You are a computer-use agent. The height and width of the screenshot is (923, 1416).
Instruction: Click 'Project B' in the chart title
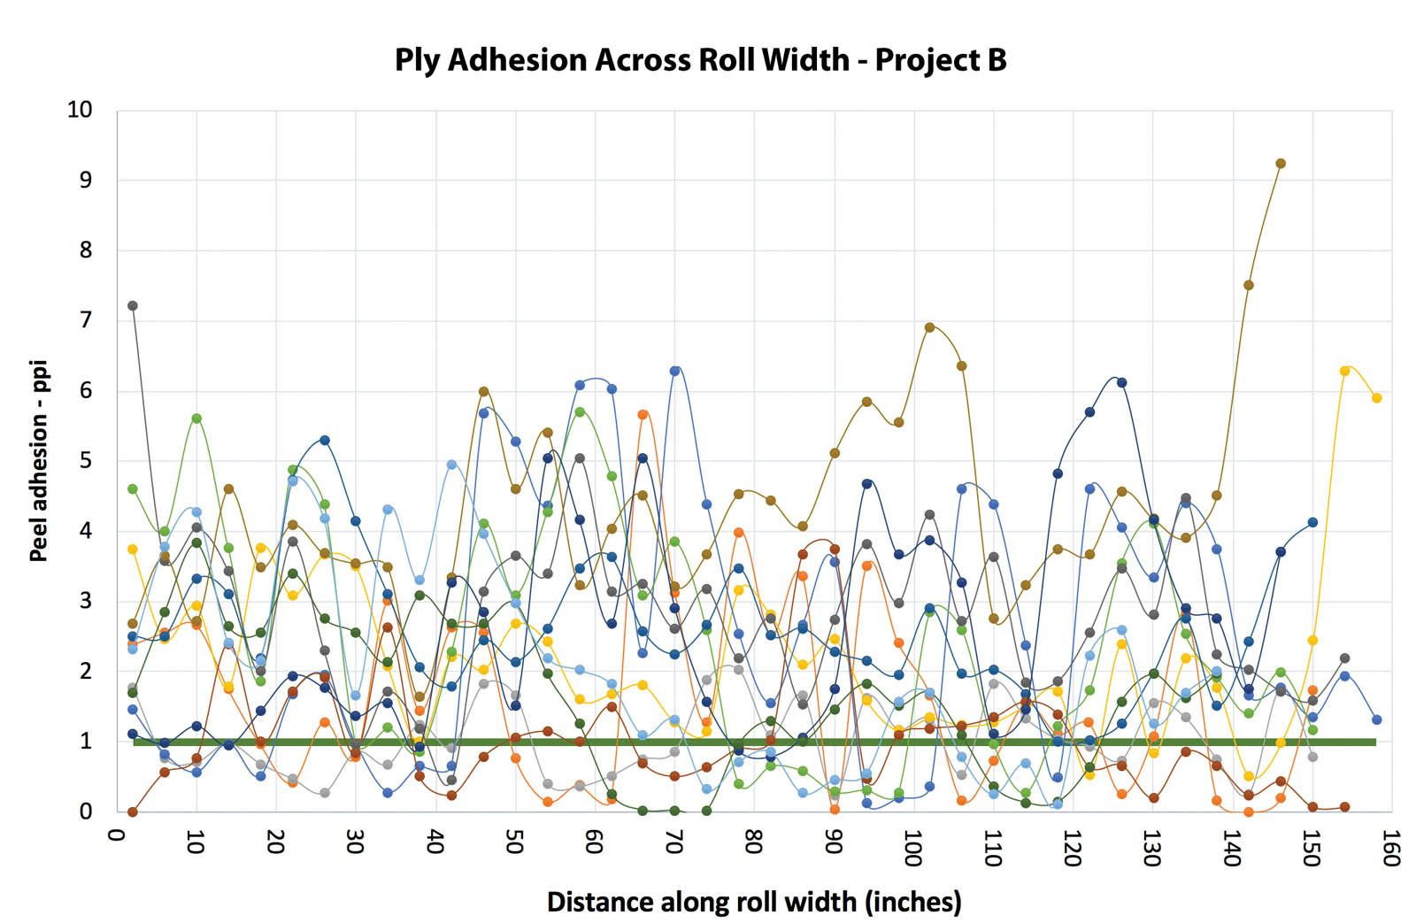941,60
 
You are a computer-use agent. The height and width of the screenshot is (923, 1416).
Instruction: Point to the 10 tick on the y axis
80,110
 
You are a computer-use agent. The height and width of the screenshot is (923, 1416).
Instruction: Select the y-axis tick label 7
86,320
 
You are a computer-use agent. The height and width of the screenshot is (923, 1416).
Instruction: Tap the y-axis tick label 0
86,811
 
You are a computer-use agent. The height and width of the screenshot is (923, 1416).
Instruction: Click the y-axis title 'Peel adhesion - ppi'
39,460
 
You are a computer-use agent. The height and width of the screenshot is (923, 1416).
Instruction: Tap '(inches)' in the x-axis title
913,902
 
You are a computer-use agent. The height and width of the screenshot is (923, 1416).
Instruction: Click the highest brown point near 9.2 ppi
1281,164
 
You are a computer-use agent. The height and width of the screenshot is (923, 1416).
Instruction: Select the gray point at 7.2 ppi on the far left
133,306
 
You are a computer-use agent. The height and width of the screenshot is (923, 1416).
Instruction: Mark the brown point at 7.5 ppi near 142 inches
1249,285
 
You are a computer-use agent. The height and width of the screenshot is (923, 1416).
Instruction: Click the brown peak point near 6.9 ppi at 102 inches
930,327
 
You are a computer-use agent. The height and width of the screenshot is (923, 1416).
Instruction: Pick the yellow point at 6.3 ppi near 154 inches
1344,371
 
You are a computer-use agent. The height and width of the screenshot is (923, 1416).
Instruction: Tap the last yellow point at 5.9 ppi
1377,398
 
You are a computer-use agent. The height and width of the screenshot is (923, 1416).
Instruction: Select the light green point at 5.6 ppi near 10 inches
196,419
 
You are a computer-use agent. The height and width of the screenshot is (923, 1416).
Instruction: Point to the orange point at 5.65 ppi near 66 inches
643,414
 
